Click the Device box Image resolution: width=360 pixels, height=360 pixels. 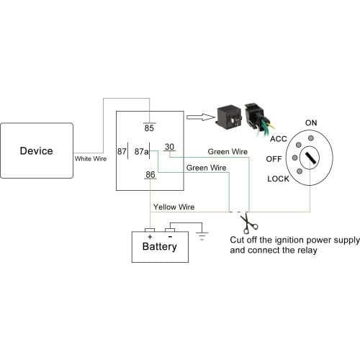[x=36, y=151]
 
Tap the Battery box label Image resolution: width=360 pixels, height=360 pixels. [x=159, y=246]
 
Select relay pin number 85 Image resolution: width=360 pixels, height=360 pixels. [x=149, y=128]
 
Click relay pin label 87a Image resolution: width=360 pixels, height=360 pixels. [x=141, y=152]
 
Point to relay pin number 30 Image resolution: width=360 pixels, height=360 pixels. [x=169, y=147]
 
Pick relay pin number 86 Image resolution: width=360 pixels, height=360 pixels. [x=150, y=175]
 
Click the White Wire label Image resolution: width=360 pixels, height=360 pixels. [x=91, y=158]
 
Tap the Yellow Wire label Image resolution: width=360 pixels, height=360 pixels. [x=174, y=207]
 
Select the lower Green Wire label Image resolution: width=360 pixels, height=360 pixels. [x=206, y=167]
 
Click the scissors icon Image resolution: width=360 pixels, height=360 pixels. [x=246, y=220]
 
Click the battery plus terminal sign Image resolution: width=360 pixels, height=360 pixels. [x=150, y=235]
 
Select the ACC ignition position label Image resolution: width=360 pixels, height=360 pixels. [x=279, y=138]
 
